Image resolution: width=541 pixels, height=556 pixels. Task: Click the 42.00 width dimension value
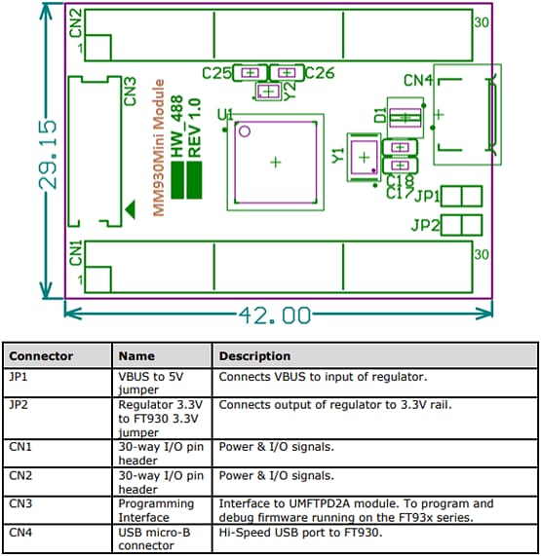pos(273,315)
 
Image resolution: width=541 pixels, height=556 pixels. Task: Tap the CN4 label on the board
pos(417,82)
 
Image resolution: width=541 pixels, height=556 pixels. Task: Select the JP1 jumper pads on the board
pos(462,197)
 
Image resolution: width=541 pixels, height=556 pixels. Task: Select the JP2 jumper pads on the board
pos(462,225)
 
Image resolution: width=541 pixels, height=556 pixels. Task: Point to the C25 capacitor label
pos(216,73)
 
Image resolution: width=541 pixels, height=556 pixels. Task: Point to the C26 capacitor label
pos(319,73)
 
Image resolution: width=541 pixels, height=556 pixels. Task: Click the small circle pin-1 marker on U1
pos(246,130)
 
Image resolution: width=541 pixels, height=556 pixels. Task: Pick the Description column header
pos(254,355)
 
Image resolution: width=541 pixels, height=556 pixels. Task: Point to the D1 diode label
pos(379,115)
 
